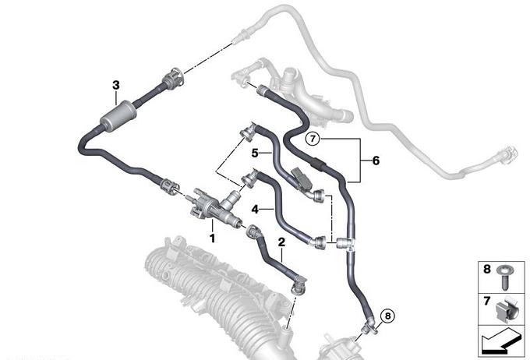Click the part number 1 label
point(212,238)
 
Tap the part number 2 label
point(281,242)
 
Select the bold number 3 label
point(116,85)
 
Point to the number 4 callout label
point(255,210)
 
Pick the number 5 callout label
point(255,154)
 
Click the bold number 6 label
point(376,161)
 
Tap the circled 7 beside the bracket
point(313,138)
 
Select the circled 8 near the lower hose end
point(387,316)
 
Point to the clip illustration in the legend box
point(507,309)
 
